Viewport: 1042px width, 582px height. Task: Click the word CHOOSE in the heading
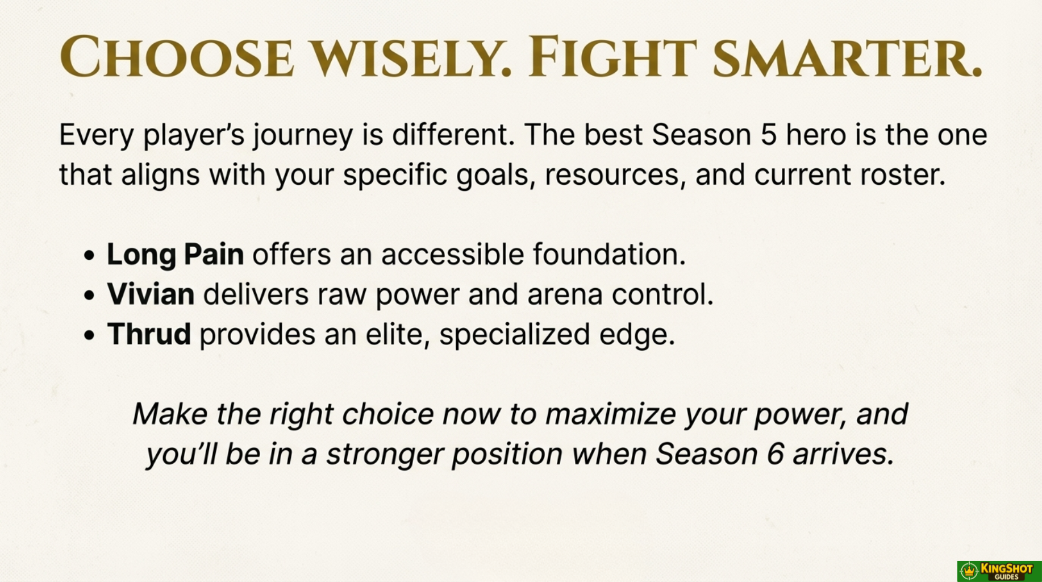coord(177,57)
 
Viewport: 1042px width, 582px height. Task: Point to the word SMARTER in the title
coord(847,57)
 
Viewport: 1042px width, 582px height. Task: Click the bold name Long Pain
coord(176,255)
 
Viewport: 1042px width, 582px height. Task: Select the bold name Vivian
coord(151,294)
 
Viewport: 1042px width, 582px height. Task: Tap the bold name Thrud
coord(149,334)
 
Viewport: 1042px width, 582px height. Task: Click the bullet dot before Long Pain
coord(89,256)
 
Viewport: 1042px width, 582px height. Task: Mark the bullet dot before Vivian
coord(89,296)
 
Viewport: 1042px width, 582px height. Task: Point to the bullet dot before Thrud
coord(89,335)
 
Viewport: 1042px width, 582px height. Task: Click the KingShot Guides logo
coord(999,571)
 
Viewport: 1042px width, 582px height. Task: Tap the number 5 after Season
coord(768,135)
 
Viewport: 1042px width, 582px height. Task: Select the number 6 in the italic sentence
coord(776,454)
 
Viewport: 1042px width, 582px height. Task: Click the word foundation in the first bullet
coord(609,254)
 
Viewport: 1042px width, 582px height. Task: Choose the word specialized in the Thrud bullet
coord(515,335)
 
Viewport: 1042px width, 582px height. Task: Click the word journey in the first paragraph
coord(303,136)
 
